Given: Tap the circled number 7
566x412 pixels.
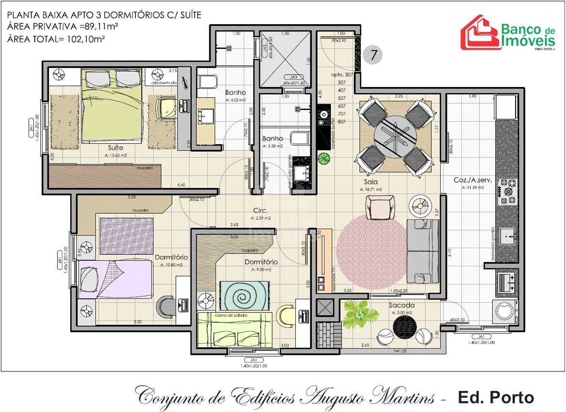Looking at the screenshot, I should click(x=373, y=55).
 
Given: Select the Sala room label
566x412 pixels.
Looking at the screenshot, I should click(x=371, y=182).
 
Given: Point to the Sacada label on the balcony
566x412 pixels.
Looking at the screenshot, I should click(x=401, y=306).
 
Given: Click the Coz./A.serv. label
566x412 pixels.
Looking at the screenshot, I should click(x=473, y=179).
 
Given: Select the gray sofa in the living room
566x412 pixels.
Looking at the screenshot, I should click(x=422, y=250).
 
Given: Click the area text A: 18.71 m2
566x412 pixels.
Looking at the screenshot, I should click(x=371, y=190).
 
